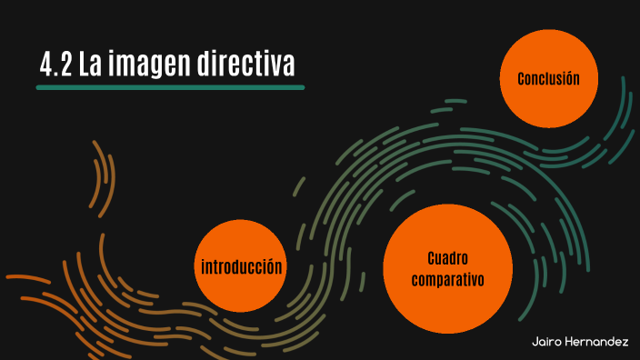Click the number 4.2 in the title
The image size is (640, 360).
[x=57, y=65]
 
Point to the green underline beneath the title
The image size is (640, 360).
[x=170, y=87]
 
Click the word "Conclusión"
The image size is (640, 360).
[x=548, y=79]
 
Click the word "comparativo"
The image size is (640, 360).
[x=446, y=280]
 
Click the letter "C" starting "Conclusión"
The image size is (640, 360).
[x=522, y=79]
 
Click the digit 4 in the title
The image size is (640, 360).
[x=46, y=65]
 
